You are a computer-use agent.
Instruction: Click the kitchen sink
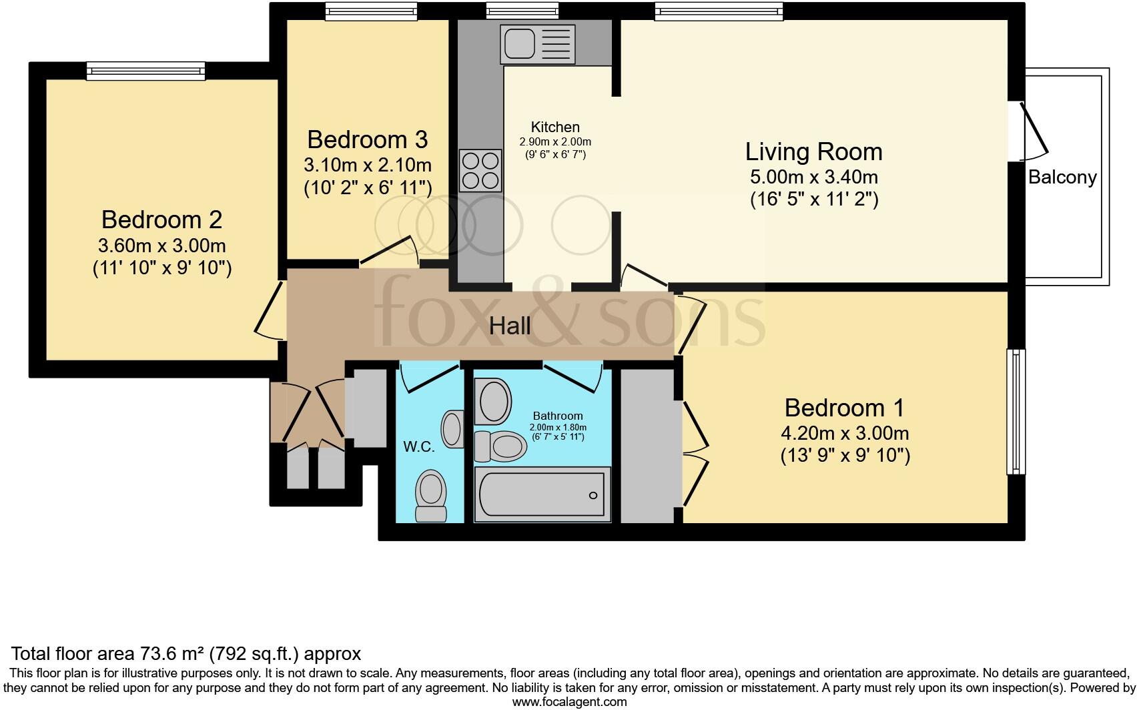coord(538,44)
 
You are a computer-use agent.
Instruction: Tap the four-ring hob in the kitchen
coord(480,171)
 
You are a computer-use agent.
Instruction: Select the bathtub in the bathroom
coord(542,494)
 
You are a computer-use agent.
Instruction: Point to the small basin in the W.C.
coord(453,428)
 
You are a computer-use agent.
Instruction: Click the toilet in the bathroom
coord(500,446)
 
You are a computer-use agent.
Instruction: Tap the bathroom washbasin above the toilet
coord(492,401)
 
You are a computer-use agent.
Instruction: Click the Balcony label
coord(1062,177)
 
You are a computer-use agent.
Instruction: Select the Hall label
coord(510,326)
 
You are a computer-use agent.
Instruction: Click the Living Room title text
coord(813,152)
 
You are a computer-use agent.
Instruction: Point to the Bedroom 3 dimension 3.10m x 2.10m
coord(368,165)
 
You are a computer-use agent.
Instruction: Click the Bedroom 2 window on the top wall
coord(145,70)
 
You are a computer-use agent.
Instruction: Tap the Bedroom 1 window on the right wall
coord(1016,412)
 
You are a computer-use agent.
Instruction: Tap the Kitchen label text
coord(555,127)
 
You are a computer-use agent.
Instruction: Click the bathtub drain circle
coord(593,495)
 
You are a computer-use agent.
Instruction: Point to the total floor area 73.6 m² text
coord(186,653)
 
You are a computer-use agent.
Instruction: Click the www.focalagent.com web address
coord(569,702)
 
